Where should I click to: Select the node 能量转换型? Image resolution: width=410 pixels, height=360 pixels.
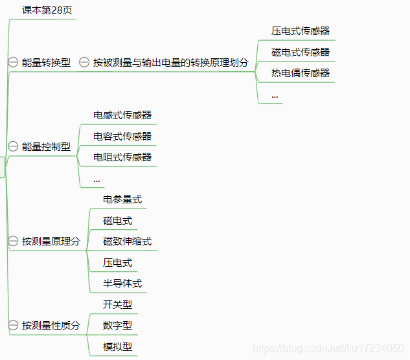pos(46,63)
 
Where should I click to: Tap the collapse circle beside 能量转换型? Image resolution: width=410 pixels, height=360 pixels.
pos(13,62)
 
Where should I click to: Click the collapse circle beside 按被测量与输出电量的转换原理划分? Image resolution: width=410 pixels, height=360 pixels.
pos(84,62)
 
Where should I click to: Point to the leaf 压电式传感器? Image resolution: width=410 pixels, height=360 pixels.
pos(301,30)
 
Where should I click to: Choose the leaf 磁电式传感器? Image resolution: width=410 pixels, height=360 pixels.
pos(301,52)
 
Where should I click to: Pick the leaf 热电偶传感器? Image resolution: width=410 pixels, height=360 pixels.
pos(301,73)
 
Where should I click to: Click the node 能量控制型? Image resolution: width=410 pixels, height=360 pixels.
pos(46,146)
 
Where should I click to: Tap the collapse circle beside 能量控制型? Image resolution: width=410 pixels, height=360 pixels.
pos(13,146)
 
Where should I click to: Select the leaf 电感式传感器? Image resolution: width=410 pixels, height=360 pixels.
pos(122,115)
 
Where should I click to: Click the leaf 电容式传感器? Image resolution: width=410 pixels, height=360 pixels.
pos(122,137)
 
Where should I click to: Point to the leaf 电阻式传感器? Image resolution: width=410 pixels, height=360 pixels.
pos(122,157)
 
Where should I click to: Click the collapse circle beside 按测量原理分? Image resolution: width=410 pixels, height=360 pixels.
pos(13,241)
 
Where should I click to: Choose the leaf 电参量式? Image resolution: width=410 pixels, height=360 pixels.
pos(122,199)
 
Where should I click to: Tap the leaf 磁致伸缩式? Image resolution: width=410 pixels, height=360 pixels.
pos(128,242)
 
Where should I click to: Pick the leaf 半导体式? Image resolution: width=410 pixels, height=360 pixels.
pos(122,283)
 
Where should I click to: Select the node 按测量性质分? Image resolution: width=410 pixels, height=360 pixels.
pos(51,325)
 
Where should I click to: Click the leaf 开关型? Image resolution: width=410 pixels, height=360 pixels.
pos(117,304)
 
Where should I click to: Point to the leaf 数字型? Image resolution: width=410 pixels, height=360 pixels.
pos(117,325)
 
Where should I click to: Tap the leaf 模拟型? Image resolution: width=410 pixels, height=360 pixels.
pos(117,346)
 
